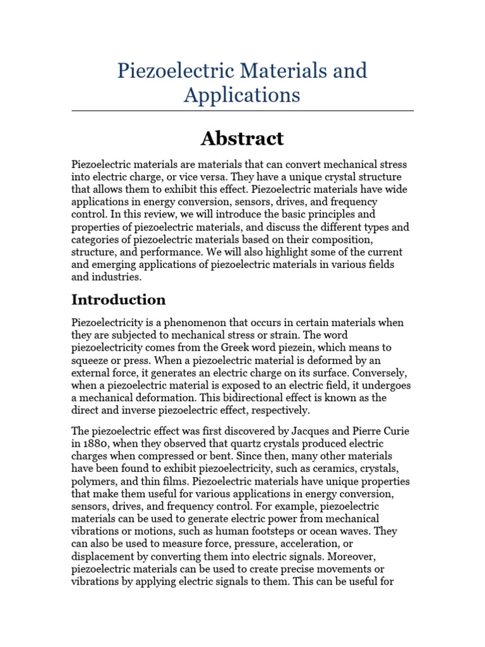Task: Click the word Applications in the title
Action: (x=242, y=95)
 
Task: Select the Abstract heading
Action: (x=242, y=138)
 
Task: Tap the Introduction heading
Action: (x=119, y=299)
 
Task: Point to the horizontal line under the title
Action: (x=242, y=111)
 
